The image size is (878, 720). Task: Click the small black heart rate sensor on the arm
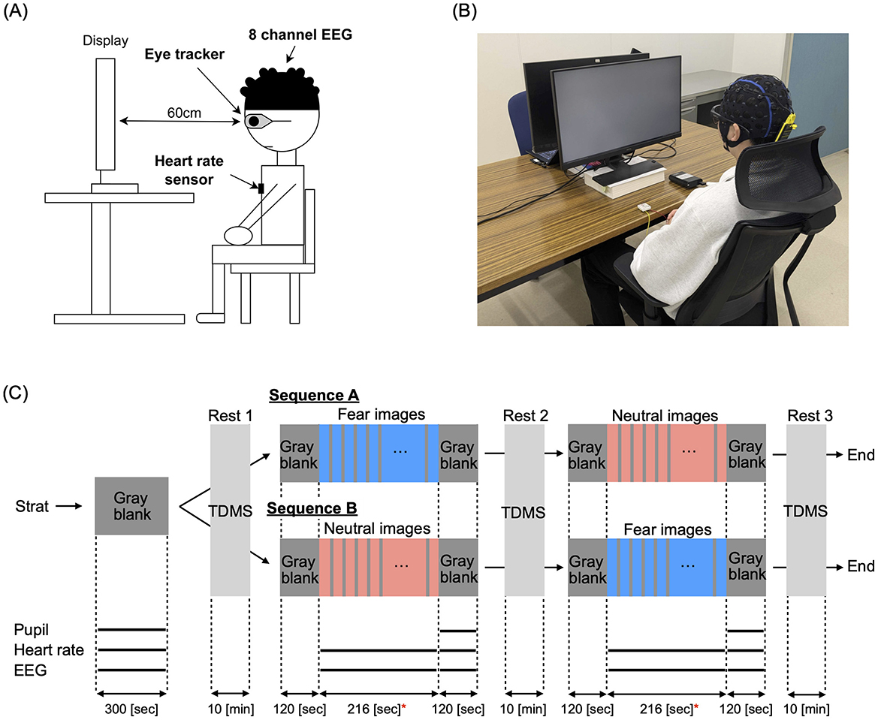[x=261, y=189]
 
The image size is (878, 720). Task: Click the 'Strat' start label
[x=32, y=507]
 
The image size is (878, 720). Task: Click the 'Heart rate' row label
[x=48, y=650]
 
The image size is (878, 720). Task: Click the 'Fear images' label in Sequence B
[x=666, y=529]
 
